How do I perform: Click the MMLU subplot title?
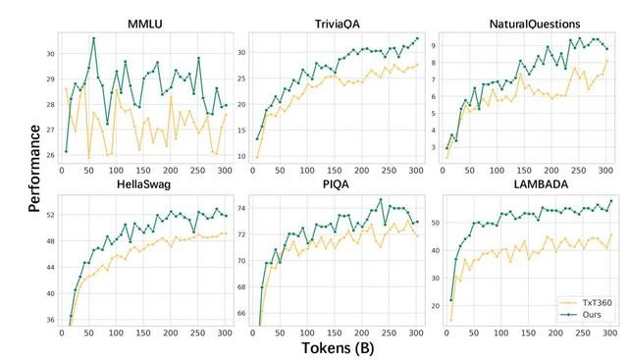[144, 22]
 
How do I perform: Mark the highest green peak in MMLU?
[93, 39]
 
